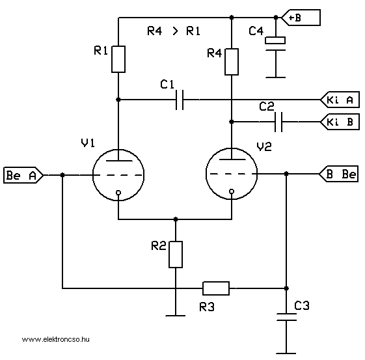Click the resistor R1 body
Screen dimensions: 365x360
[x=118, y=59]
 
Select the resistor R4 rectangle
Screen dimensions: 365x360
[x=232, y=62]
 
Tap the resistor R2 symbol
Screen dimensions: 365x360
[x=176, y=255]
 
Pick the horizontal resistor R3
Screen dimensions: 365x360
[x=216, y=288]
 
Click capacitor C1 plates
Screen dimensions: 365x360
[x=180, y=100]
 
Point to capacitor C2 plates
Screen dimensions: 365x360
[x=278, y=122]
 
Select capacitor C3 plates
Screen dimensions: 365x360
[x=286, y=317]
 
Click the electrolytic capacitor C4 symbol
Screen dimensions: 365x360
[x=275, y=44]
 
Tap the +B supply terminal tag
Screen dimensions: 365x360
[x=301, y=18]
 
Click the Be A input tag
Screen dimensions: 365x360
[x=23, y=175]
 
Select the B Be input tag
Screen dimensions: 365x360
[x=338, y=174]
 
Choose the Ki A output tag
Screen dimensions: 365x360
[x=340, y=100]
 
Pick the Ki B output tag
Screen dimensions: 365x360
[x=340, y=122]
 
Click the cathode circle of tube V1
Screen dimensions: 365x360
[x=118, y=193]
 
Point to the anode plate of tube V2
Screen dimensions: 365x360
[x=232, y=159]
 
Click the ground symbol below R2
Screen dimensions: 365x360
[x=176, y=316]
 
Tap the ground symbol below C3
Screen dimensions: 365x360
[x=286, y=353]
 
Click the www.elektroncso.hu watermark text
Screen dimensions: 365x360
[x=56, y=339]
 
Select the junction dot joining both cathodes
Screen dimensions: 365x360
[x=176, y=219]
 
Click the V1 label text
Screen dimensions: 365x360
[x=88, y=143]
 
